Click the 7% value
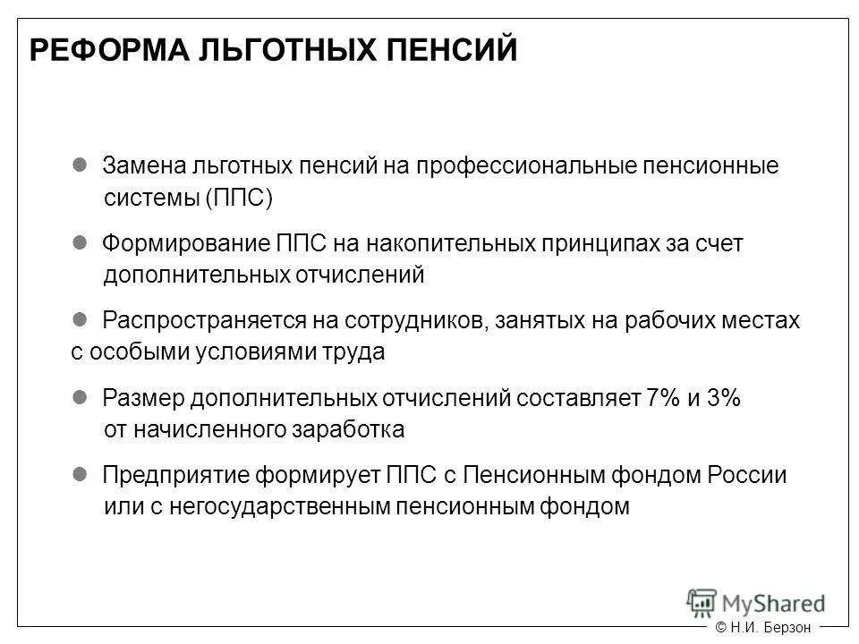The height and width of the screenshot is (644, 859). click(663, 398)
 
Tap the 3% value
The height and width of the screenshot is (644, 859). click(723, 398)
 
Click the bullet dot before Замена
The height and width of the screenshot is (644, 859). click(79, 165)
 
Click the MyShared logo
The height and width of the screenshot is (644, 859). click(755, 600)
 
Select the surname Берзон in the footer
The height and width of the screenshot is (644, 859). click(786, 628)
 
